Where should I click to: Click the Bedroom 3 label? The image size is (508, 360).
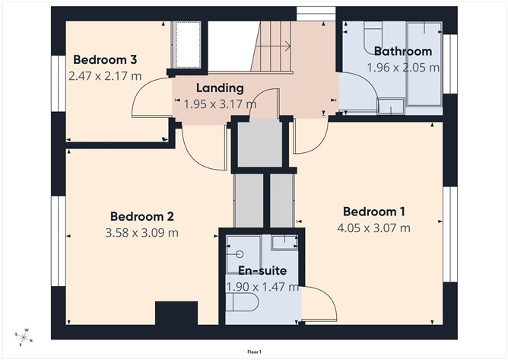click(105, 60)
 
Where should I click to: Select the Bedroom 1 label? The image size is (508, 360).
click(373, 212)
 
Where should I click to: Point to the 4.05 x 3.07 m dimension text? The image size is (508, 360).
click(373, 228)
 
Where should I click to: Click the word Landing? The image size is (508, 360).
click(220, 88)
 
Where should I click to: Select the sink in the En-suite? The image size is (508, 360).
click(284, 243)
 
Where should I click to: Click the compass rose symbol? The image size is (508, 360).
click(24, 336)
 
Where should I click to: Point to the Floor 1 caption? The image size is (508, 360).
click(254, 352)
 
